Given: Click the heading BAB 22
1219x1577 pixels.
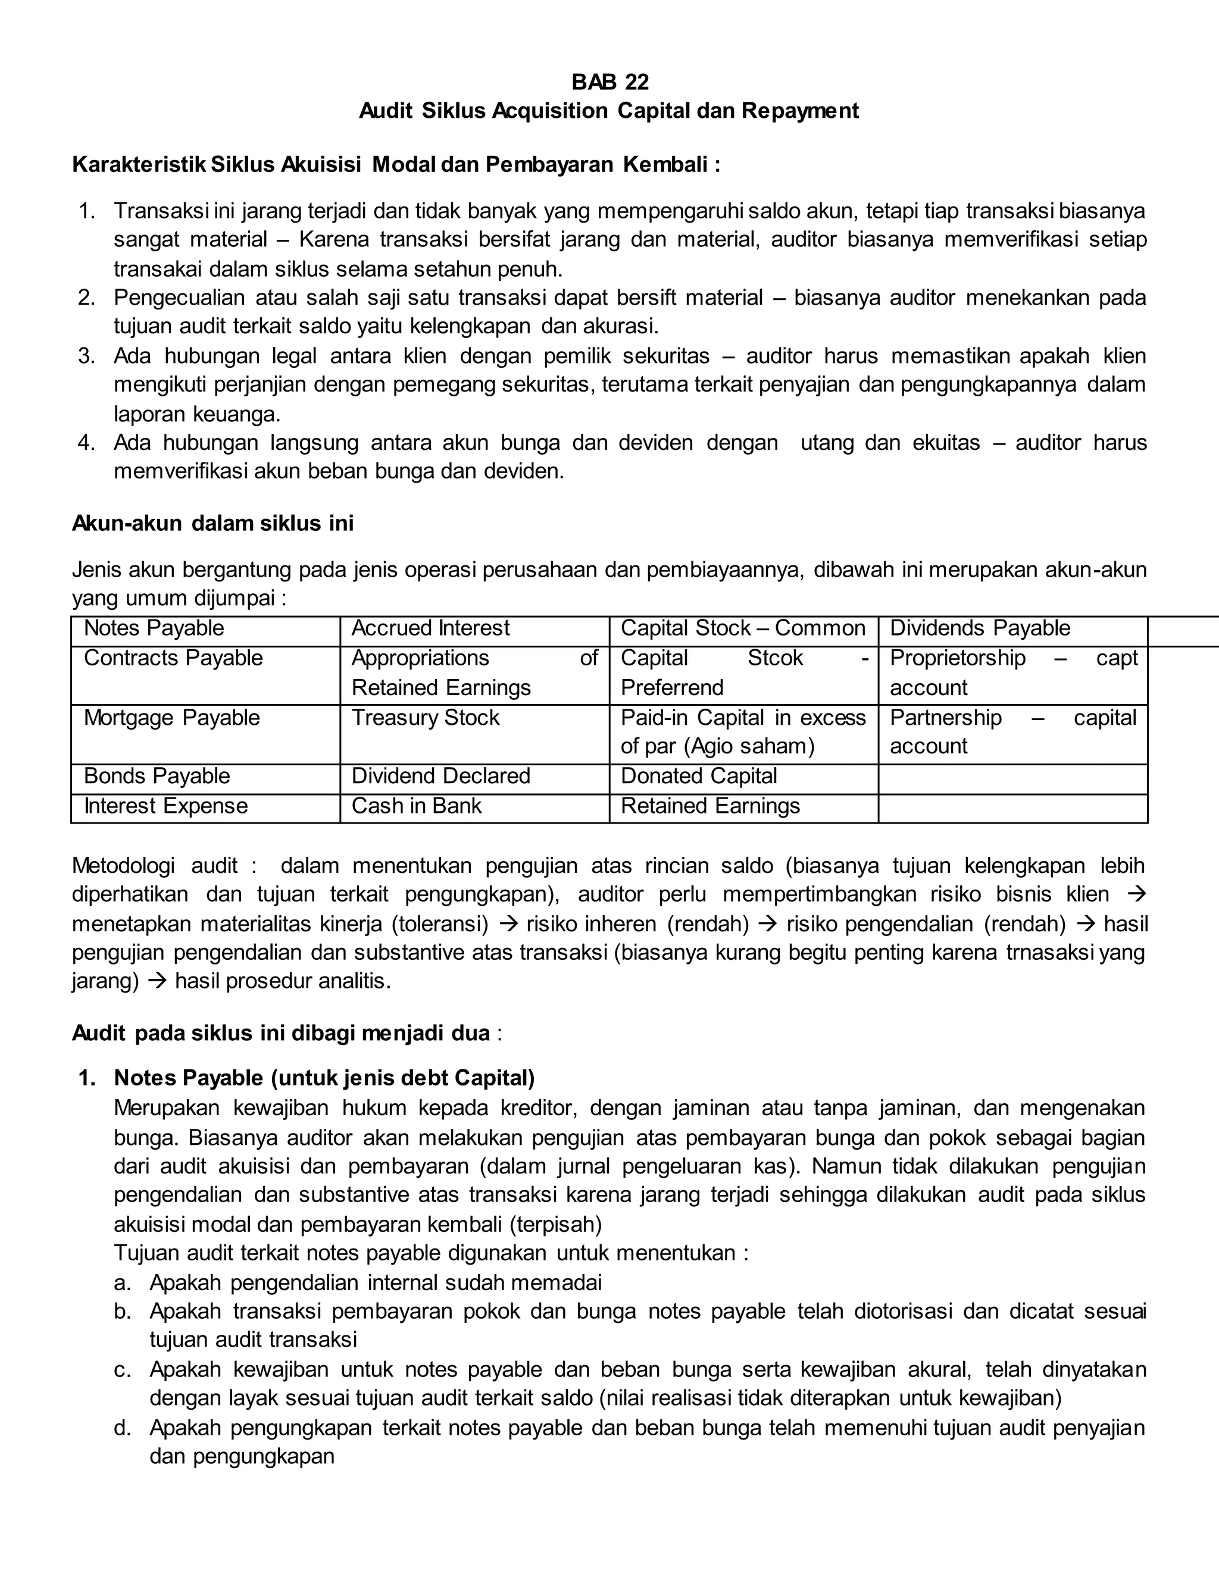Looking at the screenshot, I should click(x=609, y=82).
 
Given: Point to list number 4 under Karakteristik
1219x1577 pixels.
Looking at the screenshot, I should click(x=87, y=443).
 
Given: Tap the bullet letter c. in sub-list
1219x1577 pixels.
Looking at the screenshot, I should click(x=123, y=1370).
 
